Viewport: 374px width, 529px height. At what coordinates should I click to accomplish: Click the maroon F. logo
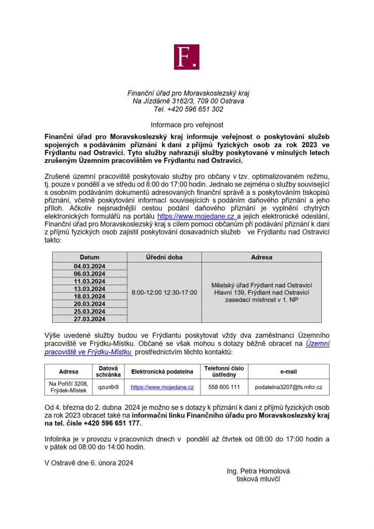coord(186,57)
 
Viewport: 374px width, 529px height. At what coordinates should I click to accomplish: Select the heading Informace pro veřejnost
coord(187,125)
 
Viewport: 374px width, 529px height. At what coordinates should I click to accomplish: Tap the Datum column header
coord(89,257)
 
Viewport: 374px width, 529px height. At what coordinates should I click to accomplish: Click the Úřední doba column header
coord(164,257)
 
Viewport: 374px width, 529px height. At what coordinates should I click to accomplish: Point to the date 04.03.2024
coord(89,267)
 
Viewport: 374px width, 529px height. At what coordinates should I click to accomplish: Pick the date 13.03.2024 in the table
coord(89,289)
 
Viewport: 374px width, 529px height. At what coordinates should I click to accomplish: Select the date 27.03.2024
coord(89,319)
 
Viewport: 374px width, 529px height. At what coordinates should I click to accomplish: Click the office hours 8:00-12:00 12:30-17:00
coord(164,292)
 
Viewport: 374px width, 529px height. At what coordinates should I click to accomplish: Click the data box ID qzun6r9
coord(108,387)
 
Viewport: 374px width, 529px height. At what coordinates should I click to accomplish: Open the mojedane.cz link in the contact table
coord(162,387)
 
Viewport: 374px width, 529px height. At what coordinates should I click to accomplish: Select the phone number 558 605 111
coord(224,387)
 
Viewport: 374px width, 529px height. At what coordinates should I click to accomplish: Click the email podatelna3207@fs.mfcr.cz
coord(289,387)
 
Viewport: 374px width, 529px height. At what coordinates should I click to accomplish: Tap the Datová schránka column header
coord(108,371)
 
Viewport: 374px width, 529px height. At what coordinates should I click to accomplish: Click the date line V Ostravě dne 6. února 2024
coord(89,463)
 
